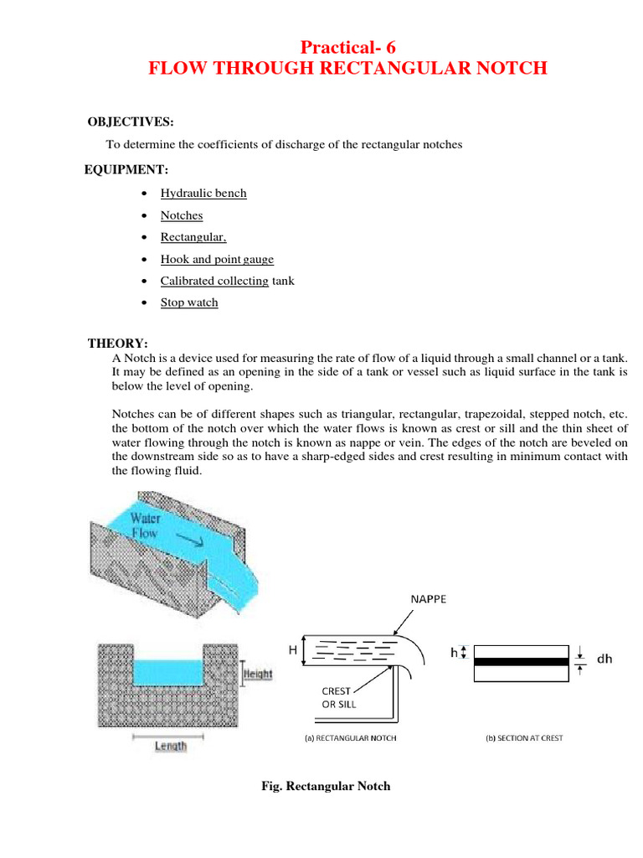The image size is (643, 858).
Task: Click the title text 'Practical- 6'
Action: coord(347,48)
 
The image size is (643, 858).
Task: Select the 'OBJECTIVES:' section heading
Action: coord(131,122)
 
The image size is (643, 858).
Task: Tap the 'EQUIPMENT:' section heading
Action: coord(126,170)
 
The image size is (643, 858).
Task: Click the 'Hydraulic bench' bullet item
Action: coord(203,193)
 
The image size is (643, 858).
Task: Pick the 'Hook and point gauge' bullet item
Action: coord(217,259)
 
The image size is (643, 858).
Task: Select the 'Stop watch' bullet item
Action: coord(189,302)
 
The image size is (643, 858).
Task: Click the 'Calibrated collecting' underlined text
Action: coord(214,281)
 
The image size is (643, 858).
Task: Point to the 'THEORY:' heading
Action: coord(118,344)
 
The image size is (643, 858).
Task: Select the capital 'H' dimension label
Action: coord(293,649)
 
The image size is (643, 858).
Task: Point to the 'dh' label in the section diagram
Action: coord(604,659)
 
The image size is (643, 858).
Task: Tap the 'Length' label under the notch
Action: coord(171,746)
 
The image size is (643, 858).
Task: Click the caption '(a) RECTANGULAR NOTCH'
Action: coord(349,738)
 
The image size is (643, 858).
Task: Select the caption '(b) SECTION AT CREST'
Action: coord(525,738)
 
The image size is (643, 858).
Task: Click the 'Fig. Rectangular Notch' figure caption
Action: coord(326,787)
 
